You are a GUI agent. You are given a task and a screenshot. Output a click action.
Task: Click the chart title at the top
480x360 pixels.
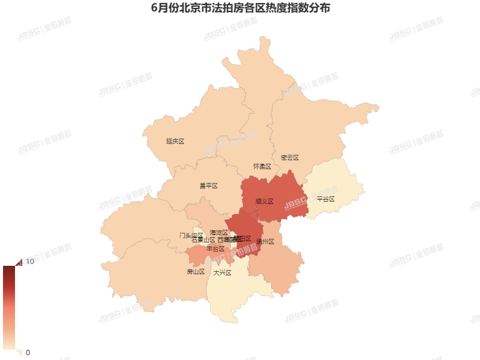pos(240,9)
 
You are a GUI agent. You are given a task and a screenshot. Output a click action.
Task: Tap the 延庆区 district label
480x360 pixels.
pos(175,142)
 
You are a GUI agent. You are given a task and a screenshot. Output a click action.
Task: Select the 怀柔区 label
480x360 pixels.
pos(262,166)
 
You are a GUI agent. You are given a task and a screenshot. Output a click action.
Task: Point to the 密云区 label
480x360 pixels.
pos(290,158)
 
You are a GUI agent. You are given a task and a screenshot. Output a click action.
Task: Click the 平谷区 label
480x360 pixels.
pos(325,199)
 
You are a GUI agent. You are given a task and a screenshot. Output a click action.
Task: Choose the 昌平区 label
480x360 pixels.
pos(208,186)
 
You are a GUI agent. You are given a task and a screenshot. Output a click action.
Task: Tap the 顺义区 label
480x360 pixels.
pos(264,202)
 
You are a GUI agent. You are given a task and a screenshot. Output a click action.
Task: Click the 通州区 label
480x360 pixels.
pos(265,242)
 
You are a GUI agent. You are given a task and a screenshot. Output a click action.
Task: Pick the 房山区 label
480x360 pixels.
pos(196,272)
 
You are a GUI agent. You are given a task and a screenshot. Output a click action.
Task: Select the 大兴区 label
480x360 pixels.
pos(222,272)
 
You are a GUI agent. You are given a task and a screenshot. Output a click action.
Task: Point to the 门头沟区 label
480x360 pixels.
pos(191,235)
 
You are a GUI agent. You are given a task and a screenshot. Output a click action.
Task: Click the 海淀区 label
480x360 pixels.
pos(219,232)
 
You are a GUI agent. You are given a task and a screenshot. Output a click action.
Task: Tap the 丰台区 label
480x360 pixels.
pos(215,248)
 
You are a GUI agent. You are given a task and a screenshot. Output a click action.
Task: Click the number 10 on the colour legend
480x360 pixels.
pos(29,262)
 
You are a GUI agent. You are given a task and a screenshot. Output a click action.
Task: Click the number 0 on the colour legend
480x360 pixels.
pos(28,352)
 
